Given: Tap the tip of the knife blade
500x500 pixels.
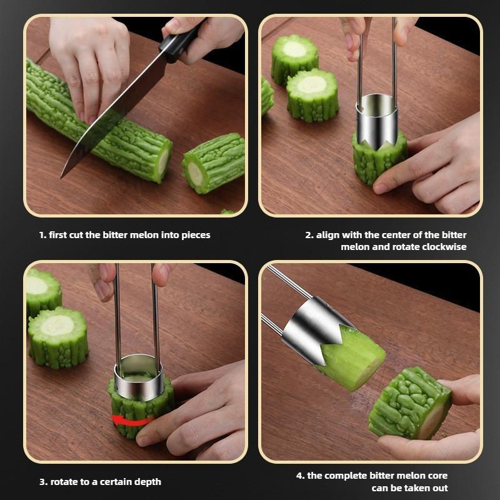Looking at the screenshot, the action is point(61,178).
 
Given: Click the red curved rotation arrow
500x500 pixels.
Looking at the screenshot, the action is point(131,421).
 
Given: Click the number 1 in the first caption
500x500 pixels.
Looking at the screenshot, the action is point(42,235).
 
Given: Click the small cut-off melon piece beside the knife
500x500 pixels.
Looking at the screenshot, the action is point(214,162).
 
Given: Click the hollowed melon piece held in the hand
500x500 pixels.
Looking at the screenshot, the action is point(411,403).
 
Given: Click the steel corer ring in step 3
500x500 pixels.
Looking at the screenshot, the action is point(139,378).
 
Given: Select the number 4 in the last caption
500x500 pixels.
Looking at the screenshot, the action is point(300,476).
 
